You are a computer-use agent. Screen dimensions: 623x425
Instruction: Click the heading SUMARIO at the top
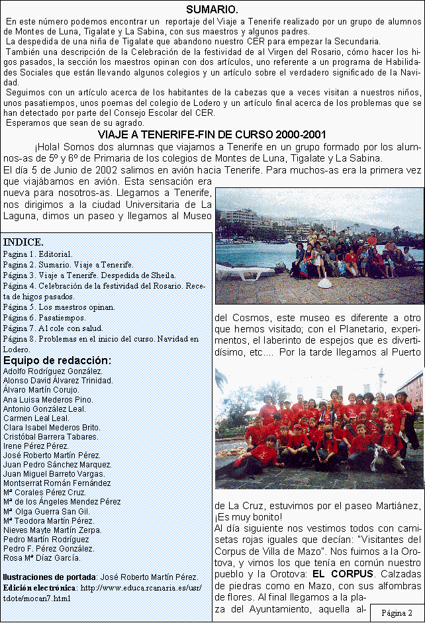212,9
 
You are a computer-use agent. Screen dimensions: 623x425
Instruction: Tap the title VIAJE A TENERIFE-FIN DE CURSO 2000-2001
212,134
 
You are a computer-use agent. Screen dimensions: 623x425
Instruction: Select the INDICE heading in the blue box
24,241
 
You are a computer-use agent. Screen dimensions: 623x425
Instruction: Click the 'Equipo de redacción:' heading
57,360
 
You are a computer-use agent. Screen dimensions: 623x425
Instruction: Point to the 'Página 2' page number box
397,612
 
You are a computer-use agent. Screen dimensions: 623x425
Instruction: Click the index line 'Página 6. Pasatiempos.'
59,318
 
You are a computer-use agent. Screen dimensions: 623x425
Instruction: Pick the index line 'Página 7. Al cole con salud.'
62,328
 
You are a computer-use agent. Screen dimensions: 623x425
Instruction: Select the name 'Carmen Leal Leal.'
36,418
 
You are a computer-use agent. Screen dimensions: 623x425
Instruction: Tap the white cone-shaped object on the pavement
326,283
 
